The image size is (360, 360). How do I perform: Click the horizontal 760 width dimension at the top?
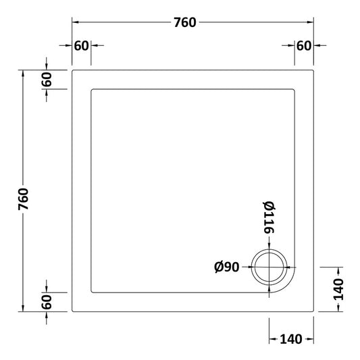pos(184,22)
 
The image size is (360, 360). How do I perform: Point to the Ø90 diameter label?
pos(228,267)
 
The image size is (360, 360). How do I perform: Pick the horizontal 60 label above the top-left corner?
pos(82,46)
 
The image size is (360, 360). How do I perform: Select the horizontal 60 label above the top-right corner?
pos(303,46)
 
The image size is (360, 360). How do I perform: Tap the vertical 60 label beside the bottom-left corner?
pos(46,302)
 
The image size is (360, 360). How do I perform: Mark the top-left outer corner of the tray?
pos(72,69)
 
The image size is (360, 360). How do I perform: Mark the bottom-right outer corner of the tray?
pos(315,311)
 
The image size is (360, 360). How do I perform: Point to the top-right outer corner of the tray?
pos(315,69)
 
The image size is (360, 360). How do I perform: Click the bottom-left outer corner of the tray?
pos(72,311)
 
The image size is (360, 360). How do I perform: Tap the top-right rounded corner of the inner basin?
pos(294,89)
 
